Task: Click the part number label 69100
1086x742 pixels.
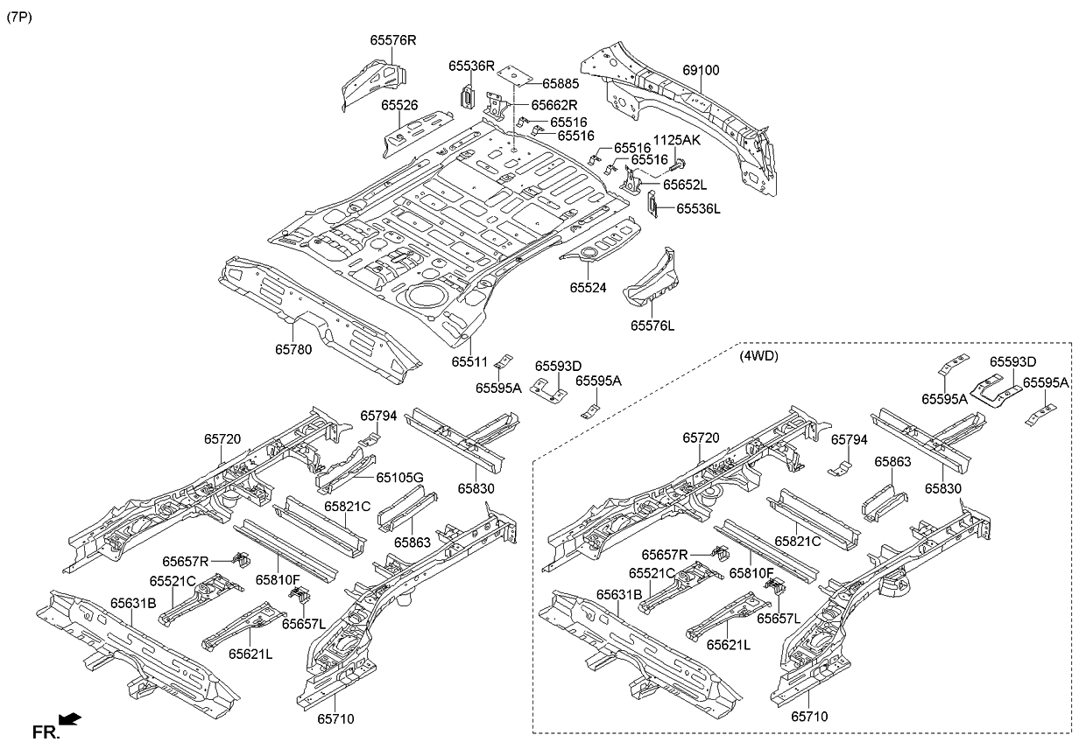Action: [702, 69]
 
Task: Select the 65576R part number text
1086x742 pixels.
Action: [392, 40]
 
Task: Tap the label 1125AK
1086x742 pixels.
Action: [676, 141]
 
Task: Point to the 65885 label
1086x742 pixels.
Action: [561, 84]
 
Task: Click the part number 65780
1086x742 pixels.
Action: [294, 348]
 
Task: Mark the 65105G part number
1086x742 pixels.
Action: [399, 477]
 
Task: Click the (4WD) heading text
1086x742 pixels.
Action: [759, 356]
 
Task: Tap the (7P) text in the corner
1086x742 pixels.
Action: [19, 17]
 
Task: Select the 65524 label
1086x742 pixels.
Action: [589, 287]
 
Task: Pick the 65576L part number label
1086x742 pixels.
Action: [652, 325]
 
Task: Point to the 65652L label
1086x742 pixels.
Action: [685, 185]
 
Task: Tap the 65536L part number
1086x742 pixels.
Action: [697, 208]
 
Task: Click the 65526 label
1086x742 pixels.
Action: [398, 105]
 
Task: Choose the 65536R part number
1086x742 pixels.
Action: [472, 66]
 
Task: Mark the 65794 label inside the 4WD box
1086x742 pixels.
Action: [850, 439]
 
